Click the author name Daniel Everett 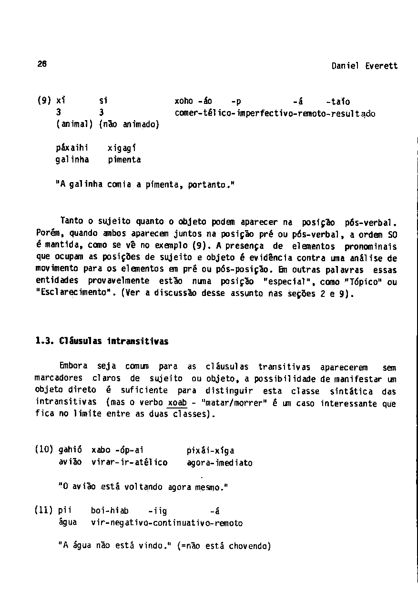point(364,66)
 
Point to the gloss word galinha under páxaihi point(72,160)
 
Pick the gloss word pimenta point(124,160)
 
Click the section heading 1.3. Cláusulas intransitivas point(102,342)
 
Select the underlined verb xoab point(177,403)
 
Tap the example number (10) point(44,450)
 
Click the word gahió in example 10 point(70,450)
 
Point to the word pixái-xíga point(211,450)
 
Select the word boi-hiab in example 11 point(110,511)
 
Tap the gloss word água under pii point(68,523)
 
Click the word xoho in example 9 point(184,102)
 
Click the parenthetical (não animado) point(129,125)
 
